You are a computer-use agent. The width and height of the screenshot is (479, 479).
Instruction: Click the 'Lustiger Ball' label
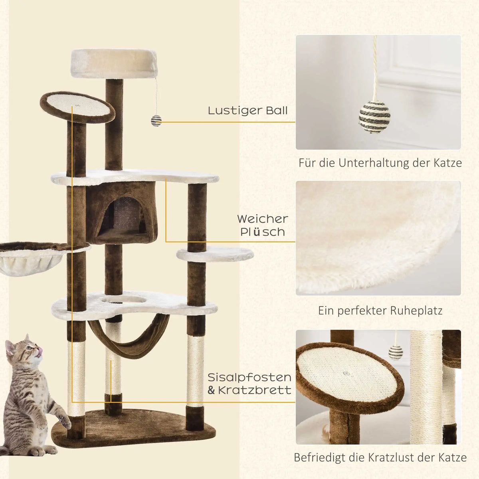247,111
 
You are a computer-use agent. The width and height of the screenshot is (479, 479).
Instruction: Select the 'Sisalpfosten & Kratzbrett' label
249,384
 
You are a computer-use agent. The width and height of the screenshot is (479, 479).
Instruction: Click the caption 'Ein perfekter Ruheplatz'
380,311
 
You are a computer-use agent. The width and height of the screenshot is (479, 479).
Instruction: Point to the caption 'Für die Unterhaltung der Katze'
380,163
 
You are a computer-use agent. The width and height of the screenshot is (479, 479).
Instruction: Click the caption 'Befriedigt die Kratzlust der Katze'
380,457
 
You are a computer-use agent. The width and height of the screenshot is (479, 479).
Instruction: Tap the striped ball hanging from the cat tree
156,121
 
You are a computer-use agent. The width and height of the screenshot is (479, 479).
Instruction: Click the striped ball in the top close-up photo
375,117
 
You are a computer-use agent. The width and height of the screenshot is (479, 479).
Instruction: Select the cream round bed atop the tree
114,63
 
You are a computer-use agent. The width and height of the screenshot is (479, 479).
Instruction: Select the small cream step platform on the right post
215,254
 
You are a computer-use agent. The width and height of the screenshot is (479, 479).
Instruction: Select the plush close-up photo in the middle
378,238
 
